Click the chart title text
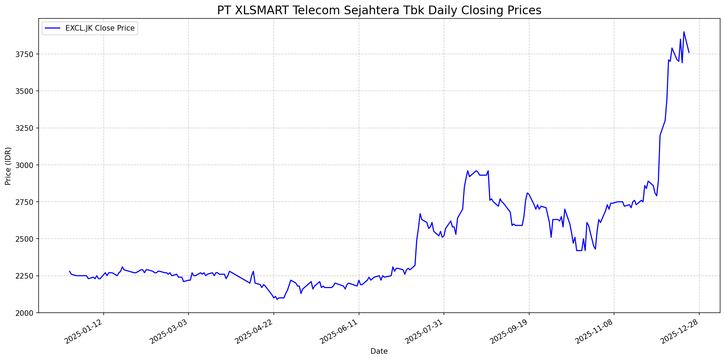(x=379, y=10)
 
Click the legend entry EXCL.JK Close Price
(x=100, y=28)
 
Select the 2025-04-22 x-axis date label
(x=254, y=332)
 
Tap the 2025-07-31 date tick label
(x=425, y=332)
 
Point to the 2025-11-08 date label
(x=595, y=332)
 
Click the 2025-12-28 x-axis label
(x=680, y=332)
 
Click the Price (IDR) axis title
(x=8, y=166)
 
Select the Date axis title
(x=379, y=351)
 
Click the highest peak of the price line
(x=684, y=32)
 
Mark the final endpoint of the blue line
(x=689, y=53)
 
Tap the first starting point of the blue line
(x=70, y=271)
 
